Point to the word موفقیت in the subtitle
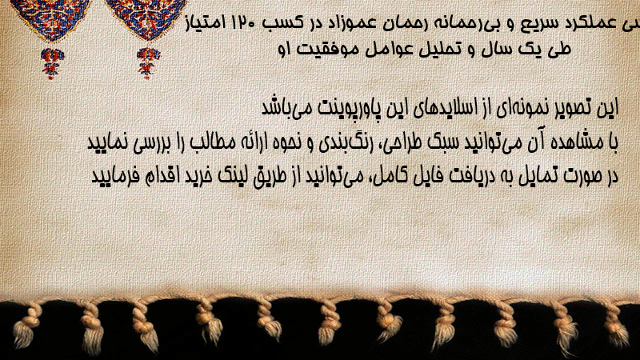click(321, 50)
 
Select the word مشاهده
click(578, 142)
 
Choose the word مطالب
click(214, 142)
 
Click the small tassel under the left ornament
click(51, 63)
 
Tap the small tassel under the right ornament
click(148, 62)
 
